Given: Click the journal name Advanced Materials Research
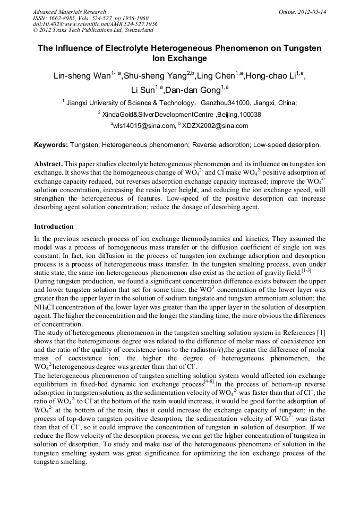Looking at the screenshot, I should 69,12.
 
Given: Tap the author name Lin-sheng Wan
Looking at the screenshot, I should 81,76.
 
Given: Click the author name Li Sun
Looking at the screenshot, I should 143,90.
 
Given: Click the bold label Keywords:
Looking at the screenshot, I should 51,144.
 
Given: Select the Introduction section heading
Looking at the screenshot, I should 54,227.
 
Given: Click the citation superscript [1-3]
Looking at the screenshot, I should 306,270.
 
